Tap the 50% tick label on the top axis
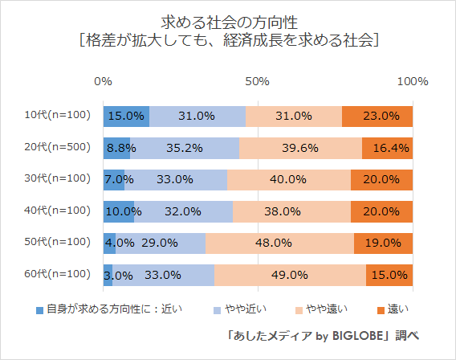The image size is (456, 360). point(257,82)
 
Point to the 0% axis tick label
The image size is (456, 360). point(103,82)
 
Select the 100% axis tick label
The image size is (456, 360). point(413,82)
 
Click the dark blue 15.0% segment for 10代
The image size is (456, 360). point(126,116)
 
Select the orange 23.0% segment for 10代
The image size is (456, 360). point(377,116)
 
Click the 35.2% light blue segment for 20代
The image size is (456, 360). point(185,148)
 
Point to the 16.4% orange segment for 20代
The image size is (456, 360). point(387,148)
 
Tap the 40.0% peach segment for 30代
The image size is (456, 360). point(289,179)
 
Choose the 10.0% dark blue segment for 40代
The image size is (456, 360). point(119,211)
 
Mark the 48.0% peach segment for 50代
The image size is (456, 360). point(280,243)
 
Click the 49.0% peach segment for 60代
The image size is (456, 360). point(290,275)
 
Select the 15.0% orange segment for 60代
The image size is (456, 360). point(389,275)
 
